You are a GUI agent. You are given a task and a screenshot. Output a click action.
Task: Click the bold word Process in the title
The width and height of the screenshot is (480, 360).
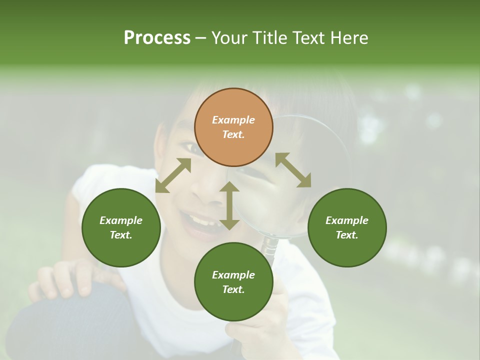coord(157,38)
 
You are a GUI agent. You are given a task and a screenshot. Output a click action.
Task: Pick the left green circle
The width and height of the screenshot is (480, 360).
coord(121,227)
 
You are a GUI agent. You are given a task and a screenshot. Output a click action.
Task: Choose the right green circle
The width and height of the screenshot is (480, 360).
coord(347,227)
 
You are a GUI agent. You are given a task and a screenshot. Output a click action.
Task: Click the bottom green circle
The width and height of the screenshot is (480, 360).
coord(233,282)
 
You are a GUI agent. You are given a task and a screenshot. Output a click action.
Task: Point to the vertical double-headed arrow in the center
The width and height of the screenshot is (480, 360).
coord(229,205)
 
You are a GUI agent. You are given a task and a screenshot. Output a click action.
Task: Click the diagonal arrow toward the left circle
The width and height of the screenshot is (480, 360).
coord(173,175)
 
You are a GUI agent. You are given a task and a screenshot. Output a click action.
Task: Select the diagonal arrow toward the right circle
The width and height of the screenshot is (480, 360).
coord(293,170)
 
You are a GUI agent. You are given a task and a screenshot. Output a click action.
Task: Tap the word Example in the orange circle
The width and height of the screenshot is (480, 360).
coord(233,120)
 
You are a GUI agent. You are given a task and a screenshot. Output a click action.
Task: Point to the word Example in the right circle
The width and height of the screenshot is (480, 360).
coord(347,220)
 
